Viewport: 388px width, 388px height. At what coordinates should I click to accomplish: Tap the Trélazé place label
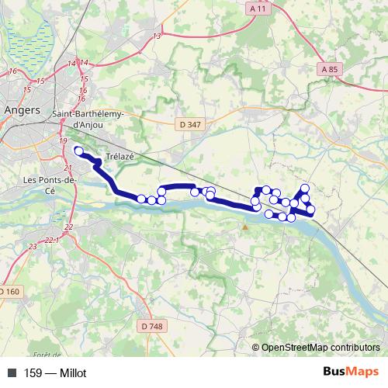click(120, 156)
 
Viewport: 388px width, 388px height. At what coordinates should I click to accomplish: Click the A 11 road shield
click(259, 8)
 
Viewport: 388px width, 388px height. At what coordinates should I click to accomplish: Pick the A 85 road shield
click(330, 69)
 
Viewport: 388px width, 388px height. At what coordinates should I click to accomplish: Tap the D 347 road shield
click(188, 123)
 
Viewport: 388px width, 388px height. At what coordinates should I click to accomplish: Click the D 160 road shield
click(8, 291)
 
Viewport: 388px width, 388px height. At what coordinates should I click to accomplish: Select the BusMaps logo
click(351, 372)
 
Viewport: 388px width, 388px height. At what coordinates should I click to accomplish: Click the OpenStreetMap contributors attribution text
click(320, 348)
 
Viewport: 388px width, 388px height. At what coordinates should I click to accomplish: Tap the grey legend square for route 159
click(10, 373)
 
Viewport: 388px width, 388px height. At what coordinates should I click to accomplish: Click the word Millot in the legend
click(71, 373)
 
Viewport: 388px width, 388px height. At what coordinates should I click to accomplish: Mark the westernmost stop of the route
click(78, 150)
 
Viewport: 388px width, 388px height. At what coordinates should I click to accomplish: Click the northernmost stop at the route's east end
click(305, 188)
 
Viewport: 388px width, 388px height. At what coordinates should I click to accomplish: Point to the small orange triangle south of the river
click(245, 227)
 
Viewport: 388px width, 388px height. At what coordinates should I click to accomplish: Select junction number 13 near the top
click(158, 36)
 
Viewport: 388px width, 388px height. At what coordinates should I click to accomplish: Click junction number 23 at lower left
click(33, 246)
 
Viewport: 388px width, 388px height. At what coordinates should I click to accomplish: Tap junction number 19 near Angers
click(63, 140)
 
